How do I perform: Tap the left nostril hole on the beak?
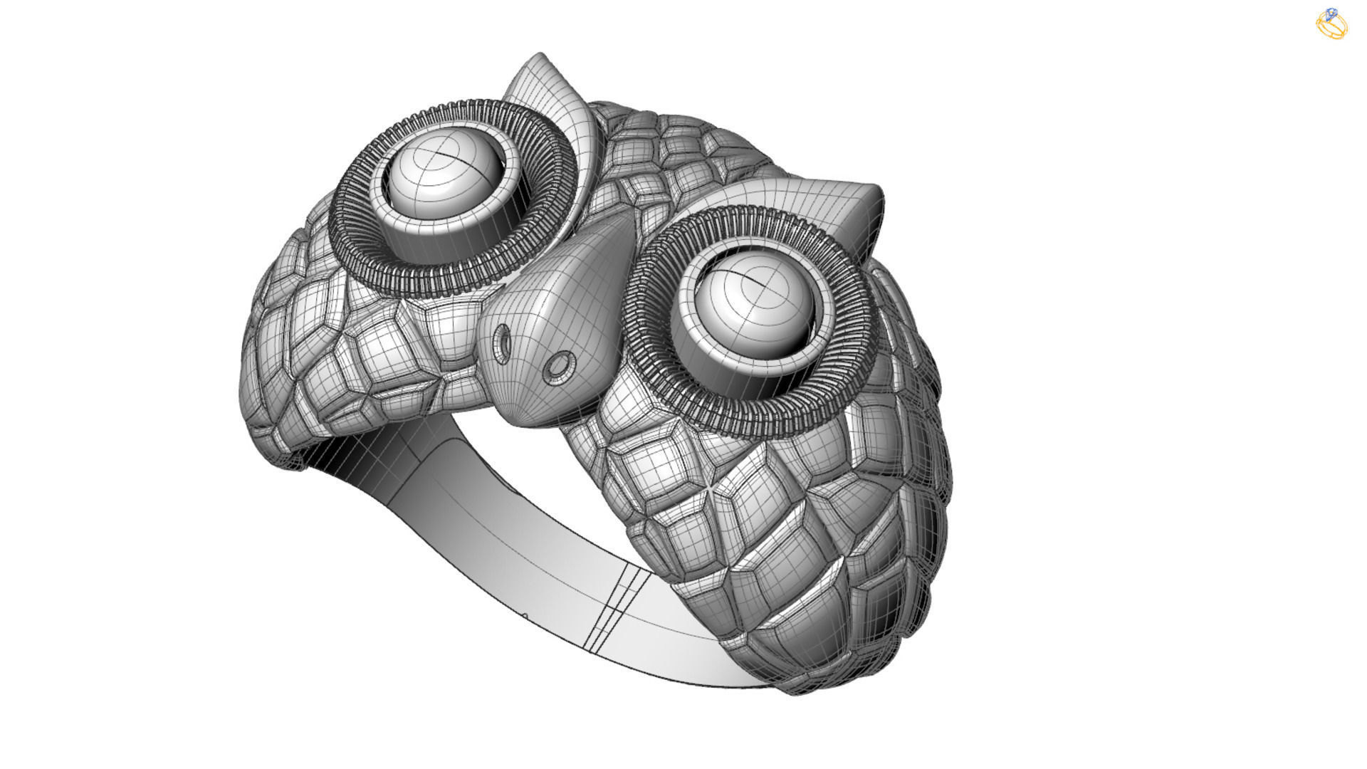coord(503,341)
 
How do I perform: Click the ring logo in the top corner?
coord(1331,23)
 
